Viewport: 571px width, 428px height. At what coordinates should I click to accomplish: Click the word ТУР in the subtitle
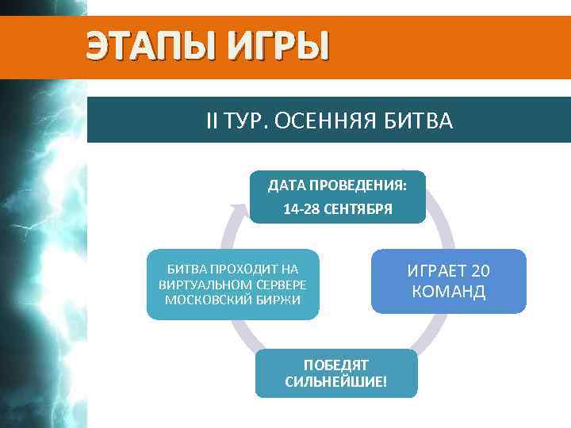click(242, 121)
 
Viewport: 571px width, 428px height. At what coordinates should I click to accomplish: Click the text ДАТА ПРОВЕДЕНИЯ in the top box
click(337, 186)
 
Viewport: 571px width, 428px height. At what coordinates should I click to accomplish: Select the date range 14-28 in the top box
click(301, 211)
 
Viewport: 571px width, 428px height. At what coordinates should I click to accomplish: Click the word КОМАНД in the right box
click(449, 292)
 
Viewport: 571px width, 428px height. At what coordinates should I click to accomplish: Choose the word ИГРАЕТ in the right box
click(434, 271)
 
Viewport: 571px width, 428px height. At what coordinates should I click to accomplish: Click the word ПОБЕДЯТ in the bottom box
click(336, 365)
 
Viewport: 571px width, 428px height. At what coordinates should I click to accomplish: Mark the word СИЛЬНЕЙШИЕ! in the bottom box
click(336, 382)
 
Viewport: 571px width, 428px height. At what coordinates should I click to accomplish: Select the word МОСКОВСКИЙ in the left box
click(200, 300)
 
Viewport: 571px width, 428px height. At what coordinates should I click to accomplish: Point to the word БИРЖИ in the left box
click(278, 300)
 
